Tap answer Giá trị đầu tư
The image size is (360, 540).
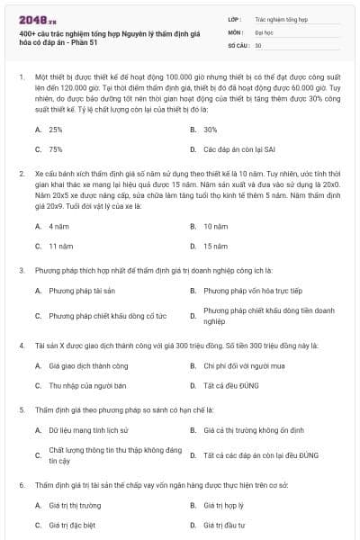pos(224,525)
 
